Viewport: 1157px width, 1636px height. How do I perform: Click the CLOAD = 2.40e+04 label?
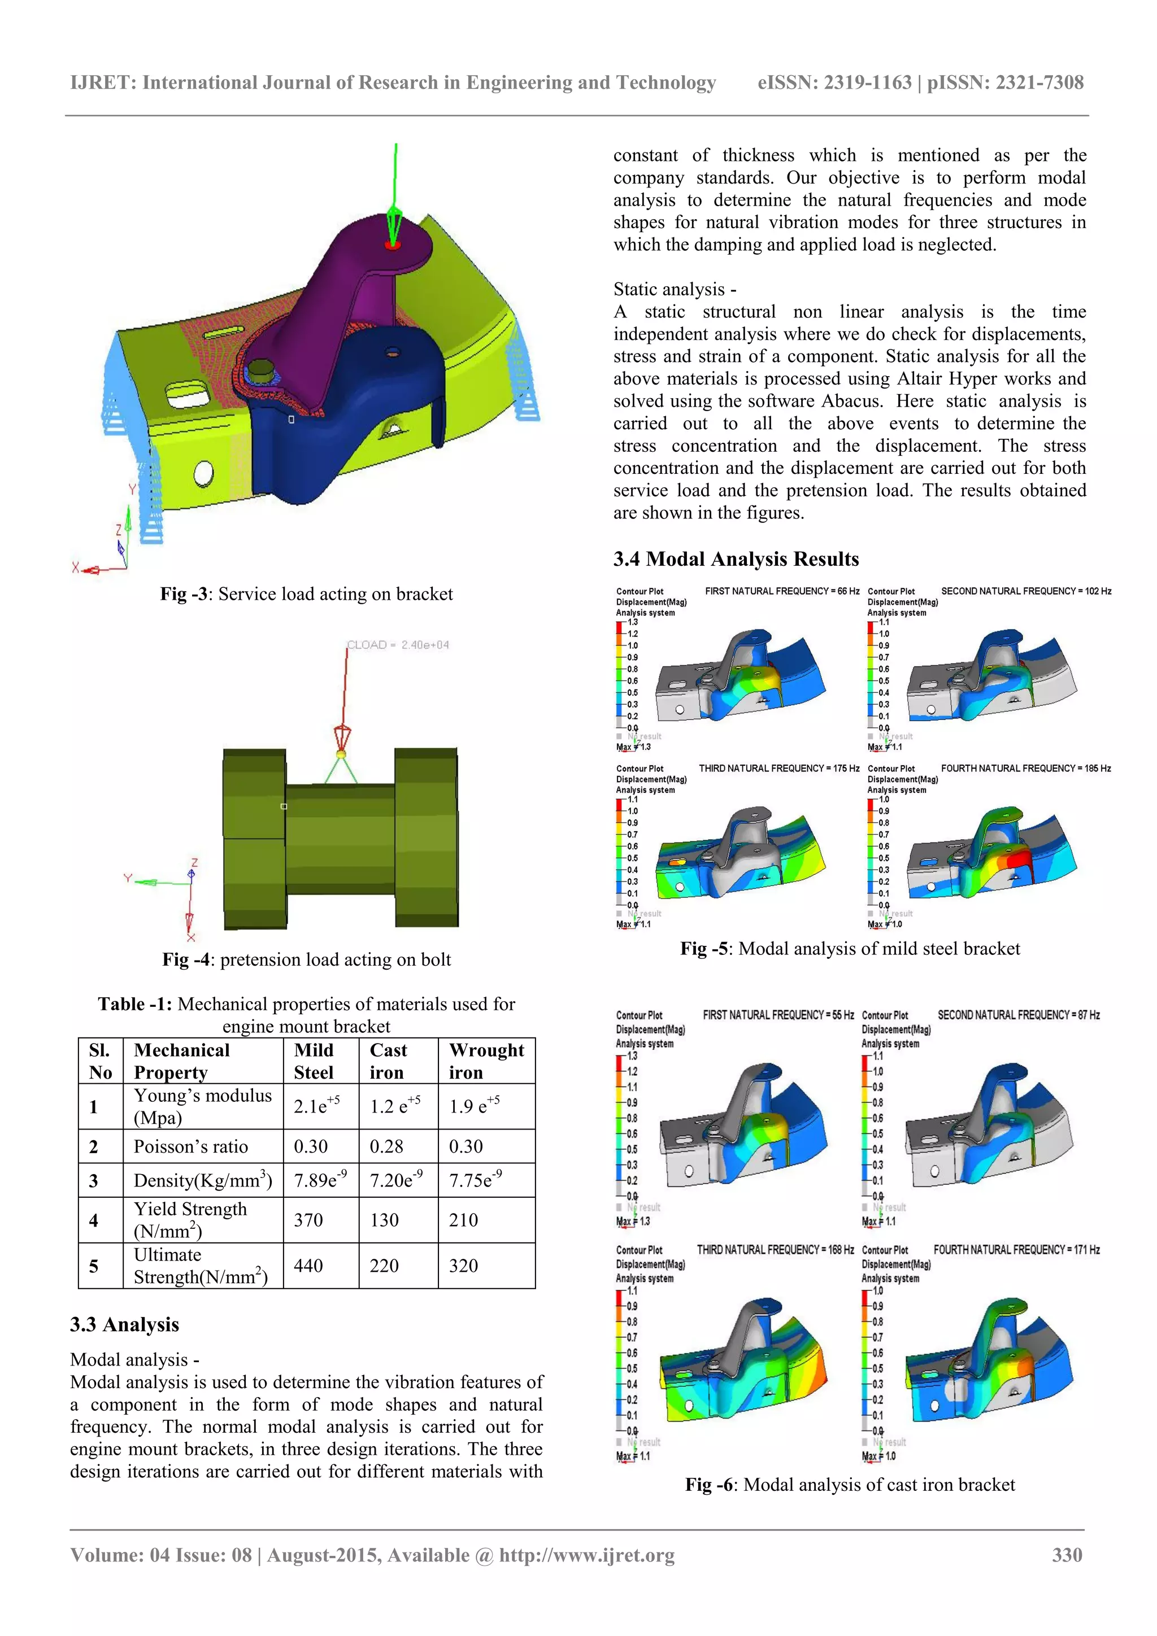tap(398, 645)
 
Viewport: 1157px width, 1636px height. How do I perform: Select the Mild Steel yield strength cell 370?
tap(308, 1220)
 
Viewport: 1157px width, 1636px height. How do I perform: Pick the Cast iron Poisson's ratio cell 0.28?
tap(386, 1146)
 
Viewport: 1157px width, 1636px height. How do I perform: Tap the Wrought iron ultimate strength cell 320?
tap(463, 1266)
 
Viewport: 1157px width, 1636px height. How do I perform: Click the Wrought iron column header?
tap(486, 1061)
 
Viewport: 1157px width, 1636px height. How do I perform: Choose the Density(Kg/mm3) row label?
tap(202, 1181)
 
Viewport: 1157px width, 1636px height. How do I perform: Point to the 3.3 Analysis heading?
tap(125, 1325)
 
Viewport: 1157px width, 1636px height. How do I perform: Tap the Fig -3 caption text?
tap(307, 594)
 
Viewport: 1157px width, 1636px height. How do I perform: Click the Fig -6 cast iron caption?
tap(850, 1485)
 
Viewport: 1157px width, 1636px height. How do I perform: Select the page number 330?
tap(1067, 1555)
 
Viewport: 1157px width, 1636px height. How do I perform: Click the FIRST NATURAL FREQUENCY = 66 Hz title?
tap(782, 591)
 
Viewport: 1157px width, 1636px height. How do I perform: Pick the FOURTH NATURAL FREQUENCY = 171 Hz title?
tap(1016, 1250)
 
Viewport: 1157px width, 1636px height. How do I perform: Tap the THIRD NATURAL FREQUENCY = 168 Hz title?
tap(775, 1250)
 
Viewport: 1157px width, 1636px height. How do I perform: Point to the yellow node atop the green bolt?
tap(341, 754)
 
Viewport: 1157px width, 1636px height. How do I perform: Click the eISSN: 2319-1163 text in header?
tap(834, 82)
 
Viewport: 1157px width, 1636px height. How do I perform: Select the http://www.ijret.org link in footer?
tap(587, 1555)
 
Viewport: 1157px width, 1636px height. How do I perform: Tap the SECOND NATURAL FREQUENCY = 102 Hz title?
tap(1026, 591)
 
